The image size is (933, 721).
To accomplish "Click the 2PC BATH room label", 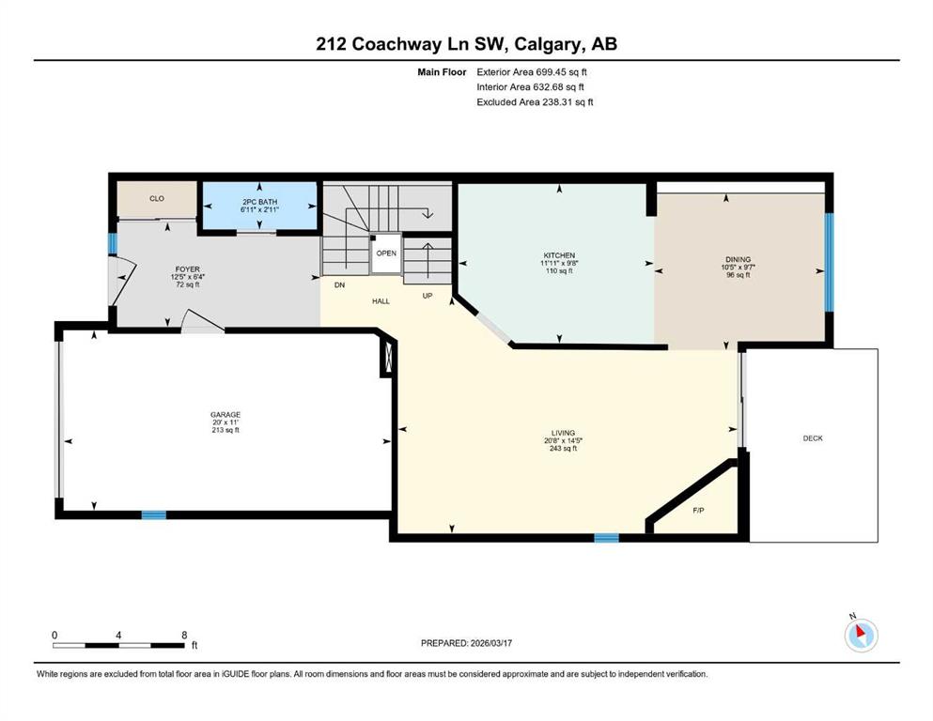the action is tap(260, 202).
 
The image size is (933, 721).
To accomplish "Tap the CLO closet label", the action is tap(157, 198).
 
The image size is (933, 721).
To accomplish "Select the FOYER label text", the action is tap(187, 269).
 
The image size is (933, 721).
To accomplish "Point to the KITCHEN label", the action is tap(559, 255).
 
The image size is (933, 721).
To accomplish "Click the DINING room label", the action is tap(738, 259).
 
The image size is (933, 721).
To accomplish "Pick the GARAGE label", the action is tap(225, 415).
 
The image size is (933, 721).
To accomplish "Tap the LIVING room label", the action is tap(563, 434).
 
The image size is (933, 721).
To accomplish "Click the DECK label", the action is tap(813, 438).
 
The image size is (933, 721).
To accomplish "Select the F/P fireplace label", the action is tap(698, 510).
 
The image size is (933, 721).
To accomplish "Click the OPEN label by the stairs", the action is tap(386, 253).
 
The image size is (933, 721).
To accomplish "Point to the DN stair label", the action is tap(340, 285).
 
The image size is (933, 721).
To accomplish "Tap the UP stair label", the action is tap(428, 296).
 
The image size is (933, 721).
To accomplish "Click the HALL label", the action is tap(381, 301).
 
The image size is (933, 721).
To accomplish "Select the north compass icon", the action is tap(861, 636).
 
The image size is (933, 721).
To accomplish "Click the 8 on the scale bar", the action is tap(184, 635).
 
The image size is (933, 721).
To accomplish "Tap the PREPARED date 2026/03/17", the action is tap(490, 643).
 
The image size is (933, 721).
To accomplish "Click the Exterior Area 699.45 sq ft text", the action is tap(532, 72).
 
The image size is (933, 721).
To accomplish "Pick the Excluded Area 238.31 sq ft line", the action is tap(535, 101).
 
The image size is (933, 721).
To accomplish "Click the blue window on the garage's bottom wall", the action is tap(153, 515).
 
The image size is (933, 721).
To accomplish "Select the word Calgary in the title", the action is tap(548, 44).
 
